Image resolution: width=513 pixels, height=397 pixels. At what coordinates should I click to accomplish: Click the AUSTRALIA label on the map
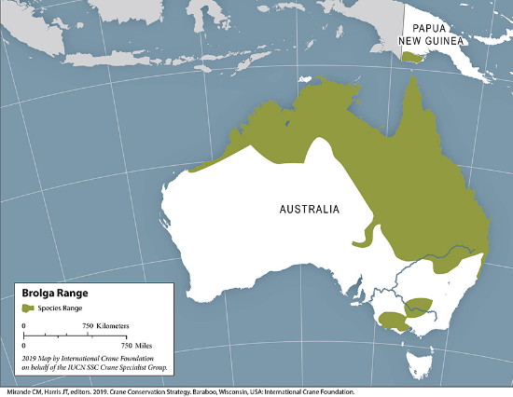click(x=309, y=209)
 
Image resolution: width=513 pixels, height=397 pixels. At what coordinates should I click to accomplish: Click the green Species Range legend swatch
click(x=29, y=308)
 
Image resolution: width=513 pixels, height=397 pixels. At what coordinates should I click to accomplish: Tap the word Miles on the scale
click(x=104, y=346)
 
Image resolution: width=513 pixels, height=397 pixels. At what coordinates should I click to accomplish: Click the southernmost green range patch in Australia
click(x=392, y=322)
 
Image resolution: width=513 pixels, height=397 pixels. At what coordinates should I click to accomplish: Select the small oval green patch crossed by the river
click(x=419, y=305)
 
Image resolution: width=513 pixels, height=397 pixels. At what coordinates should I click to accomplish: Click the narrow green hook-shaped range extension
click(x=367, y=237)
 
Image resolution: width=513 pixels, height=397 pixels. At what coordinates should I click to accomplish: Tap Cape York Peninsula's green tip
click(x=410, y=86)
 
